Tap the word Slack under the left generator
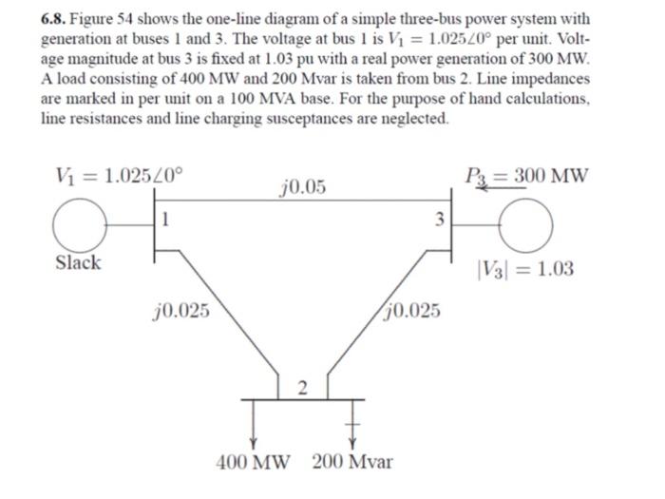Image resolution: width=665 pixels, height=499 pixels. click(78, 263)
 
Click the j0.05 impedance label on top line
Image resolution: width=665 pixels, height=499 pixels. click(303, 186)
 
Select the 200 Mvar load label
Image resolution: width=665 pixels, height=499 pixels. click(353, 463)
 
